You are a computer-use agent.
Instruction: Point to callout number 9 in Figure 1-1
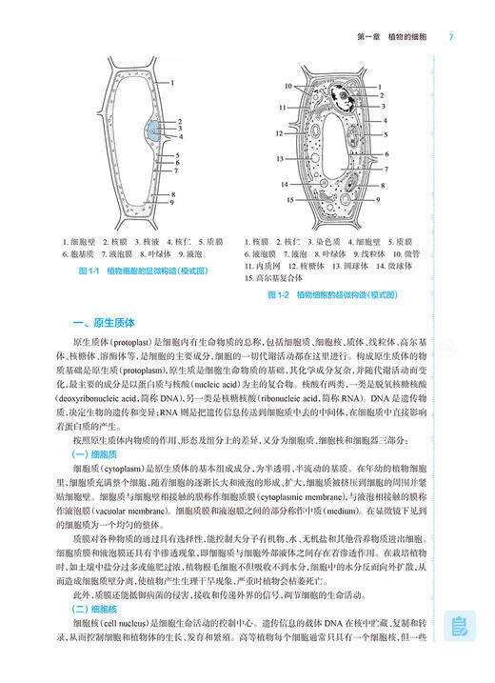(172, 202)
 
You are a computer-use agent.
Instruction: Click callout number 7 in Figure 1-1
(177, 172)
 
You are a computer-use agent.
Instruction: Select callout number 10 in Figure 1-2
(286, 87)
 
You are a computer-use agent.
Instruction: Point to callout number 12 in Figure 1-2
(280, 133)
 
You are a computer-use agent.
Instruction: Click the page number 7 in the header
(449, 37)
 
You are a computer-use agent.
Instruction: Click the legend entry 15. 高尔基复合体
(274, 278)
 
